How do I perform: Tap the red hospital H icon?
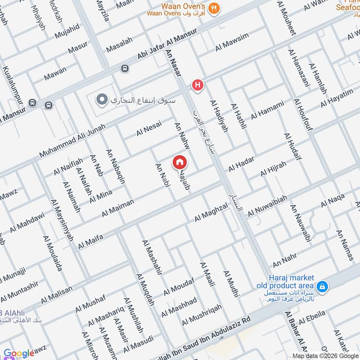(x=197, y=85)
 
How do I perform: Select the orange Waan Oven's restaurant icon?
(x=215, y=7)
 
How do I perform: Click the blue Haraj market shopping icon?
(x=322, y=286)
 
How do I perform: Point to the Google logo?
(x=18, y=354)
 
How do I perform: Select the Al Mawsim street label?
(x=232, y=42)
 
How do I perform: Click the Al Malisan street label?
(x=56, y=295)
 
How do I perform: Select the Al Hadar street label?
(x=241, y=164)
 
